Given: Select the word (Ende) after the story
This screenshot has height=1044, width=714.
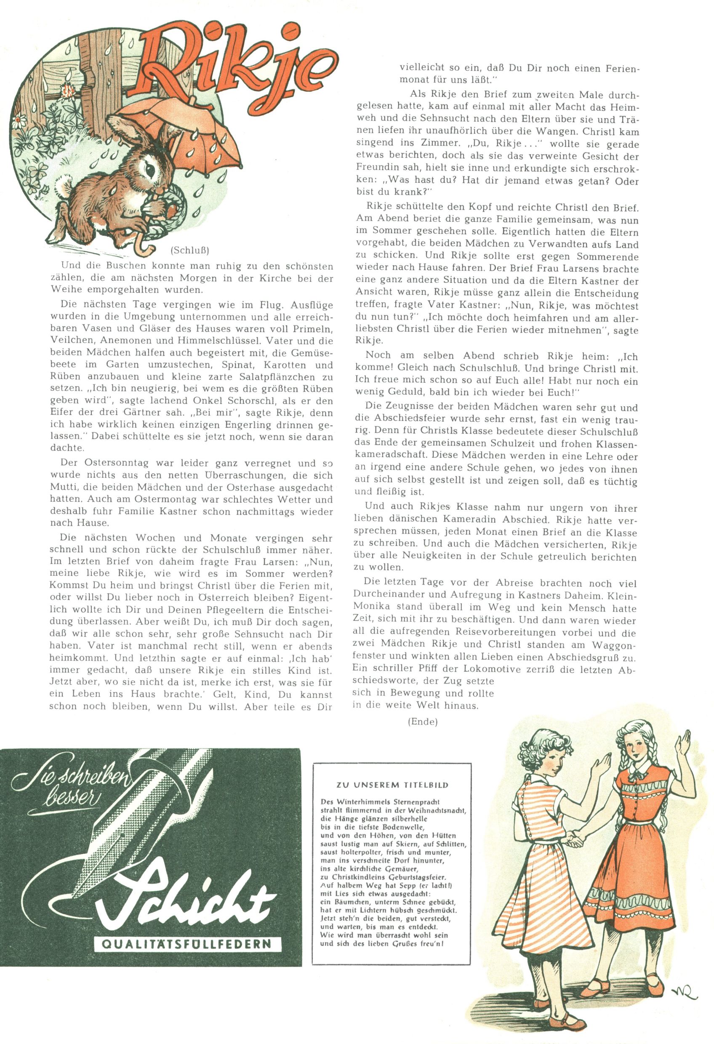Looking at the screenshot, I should coord(423,722).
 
